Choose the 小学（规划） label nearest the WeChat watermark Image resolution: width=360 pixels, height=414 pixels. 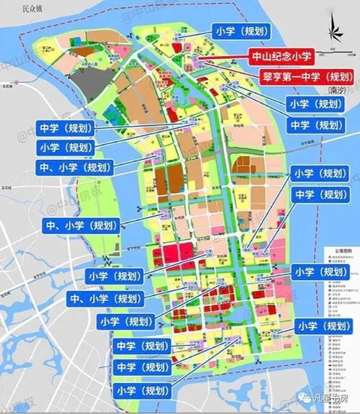[x=319, y=326]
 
